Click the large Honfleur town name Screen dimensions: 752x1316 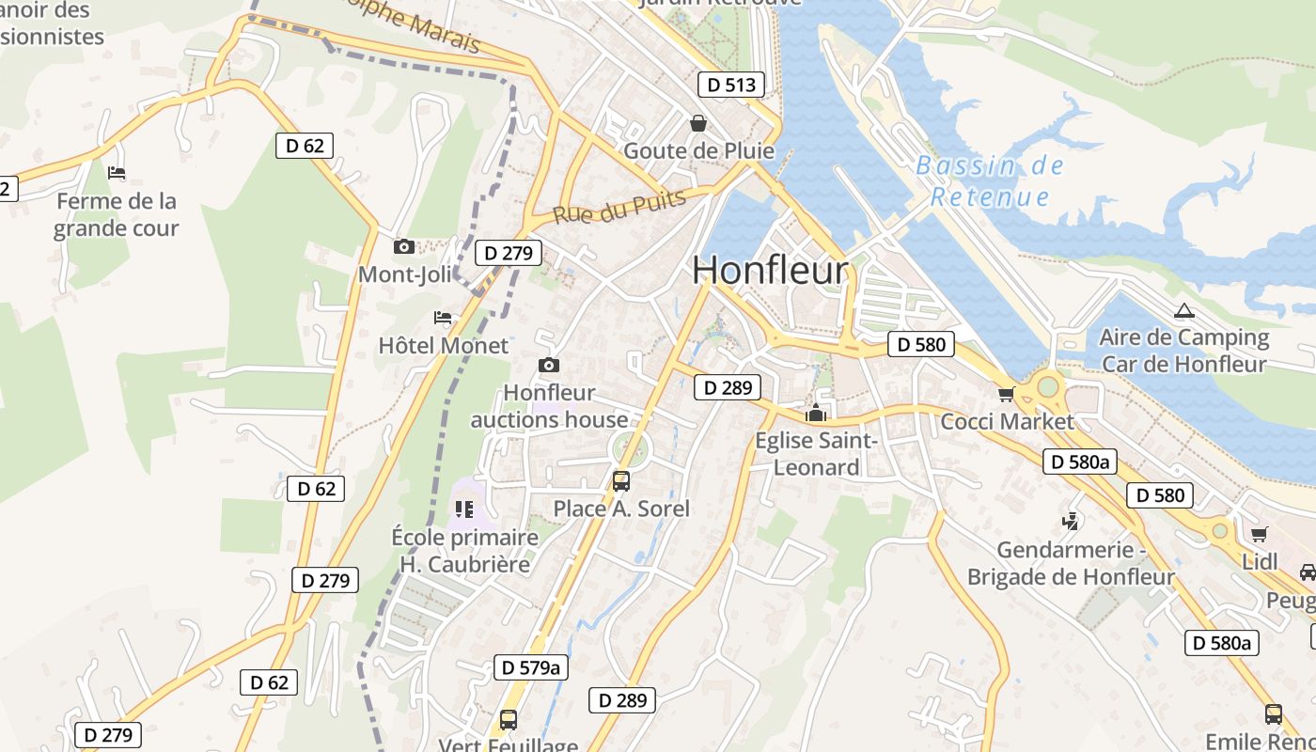(770, 270)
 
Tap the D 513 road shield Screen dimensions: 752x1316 (730, 85)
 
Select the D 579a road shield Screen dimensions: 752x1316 (531, 667)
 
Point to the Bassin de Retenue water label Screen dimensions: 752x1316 (990, 181)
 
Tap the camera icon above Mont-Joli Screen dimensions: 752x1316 (404, 247)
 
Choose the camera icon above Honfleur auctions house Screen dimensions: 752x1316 (549, 366)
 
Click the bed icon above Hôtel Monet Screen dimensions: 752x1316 (443, 319)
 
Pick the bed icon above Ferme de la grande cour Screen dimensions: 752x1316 (117, 173)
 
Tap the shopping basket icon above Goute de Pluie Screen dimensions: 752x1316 (698, 123)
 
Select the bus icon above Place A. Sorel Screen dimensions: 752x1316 (621, 481)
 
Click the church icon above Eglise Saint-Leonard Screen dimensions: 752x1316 (815, 413)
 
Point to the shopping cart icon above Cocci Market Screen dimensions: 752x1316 (1007, 394)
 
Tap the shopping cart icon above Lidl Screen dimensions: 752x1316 (1260, 535)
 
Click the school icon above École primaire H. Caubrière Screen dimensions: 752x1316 (464, 509)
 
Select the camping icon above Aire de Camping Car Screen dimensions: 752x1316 (1183, 310)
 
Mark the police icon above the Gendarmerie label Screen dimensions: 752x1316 (1070, 521)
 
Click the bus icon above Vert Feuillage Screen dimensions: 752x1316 (509, 720)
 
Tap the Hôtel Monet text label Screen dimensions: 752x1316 (443, 346)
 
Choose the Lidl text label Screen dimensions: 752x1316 (1260, 562)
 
